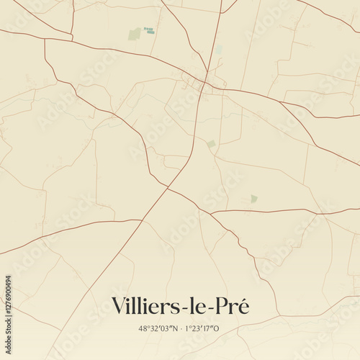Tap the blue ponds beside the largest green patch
149,30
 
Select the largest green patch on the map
135,34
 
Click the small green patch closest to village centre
211,144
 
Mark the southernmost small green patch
253,198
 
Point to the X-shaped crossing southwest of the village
168,188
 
